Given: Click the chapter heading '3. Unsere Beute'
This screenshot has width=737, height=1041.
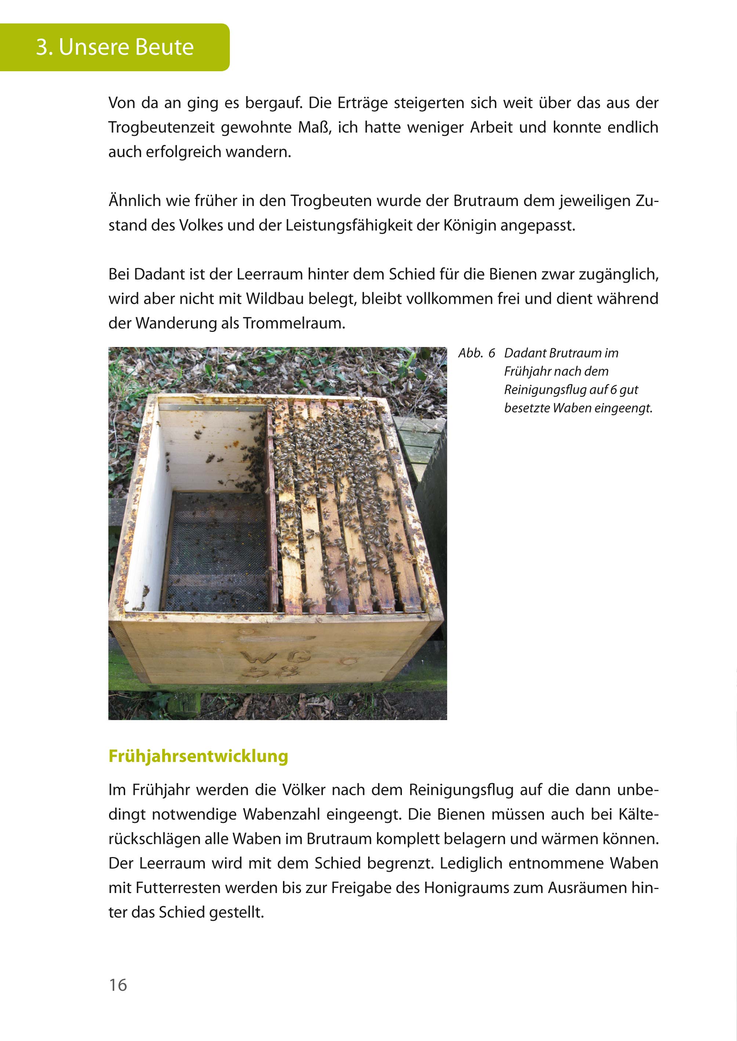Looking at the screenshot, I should (x=115, y=47).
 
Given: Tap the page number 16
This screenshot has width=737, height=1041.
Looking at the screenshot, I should (x=118, y=985).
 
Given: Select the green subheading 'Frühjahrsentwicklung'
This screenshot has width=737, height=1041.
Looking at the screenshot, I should (x=198, y=756).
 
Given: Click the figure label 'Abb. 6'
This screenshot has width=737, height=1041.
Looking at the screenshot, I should (x=476, y=353).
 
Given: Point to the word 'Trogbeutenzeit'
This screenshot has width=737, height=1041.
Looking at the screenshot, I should (x=161, y=127).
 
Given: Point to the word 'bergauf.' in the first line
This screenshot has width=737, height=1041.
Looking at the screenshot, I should (x=274, y=104).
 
